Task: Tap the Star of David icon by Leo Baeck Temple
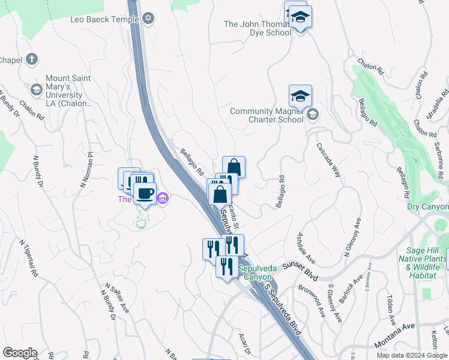coord(149,19)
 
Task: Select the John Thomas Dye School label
coord(258,28)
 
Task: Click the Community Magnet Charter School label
coord(267,115)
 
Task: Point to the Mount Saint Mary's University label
coord(68,91)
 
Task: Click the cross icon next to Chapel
coord(32,59)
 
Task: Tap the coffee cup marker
coord(144,193)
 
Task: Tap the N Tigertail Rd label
coord(29,259)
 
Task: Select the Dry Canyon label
coord(427,207)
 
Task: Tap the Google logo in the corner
coord(20,353)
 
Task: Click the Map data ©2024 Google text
coord(412,355)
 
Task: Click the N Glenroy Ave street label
coord(354,238)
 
